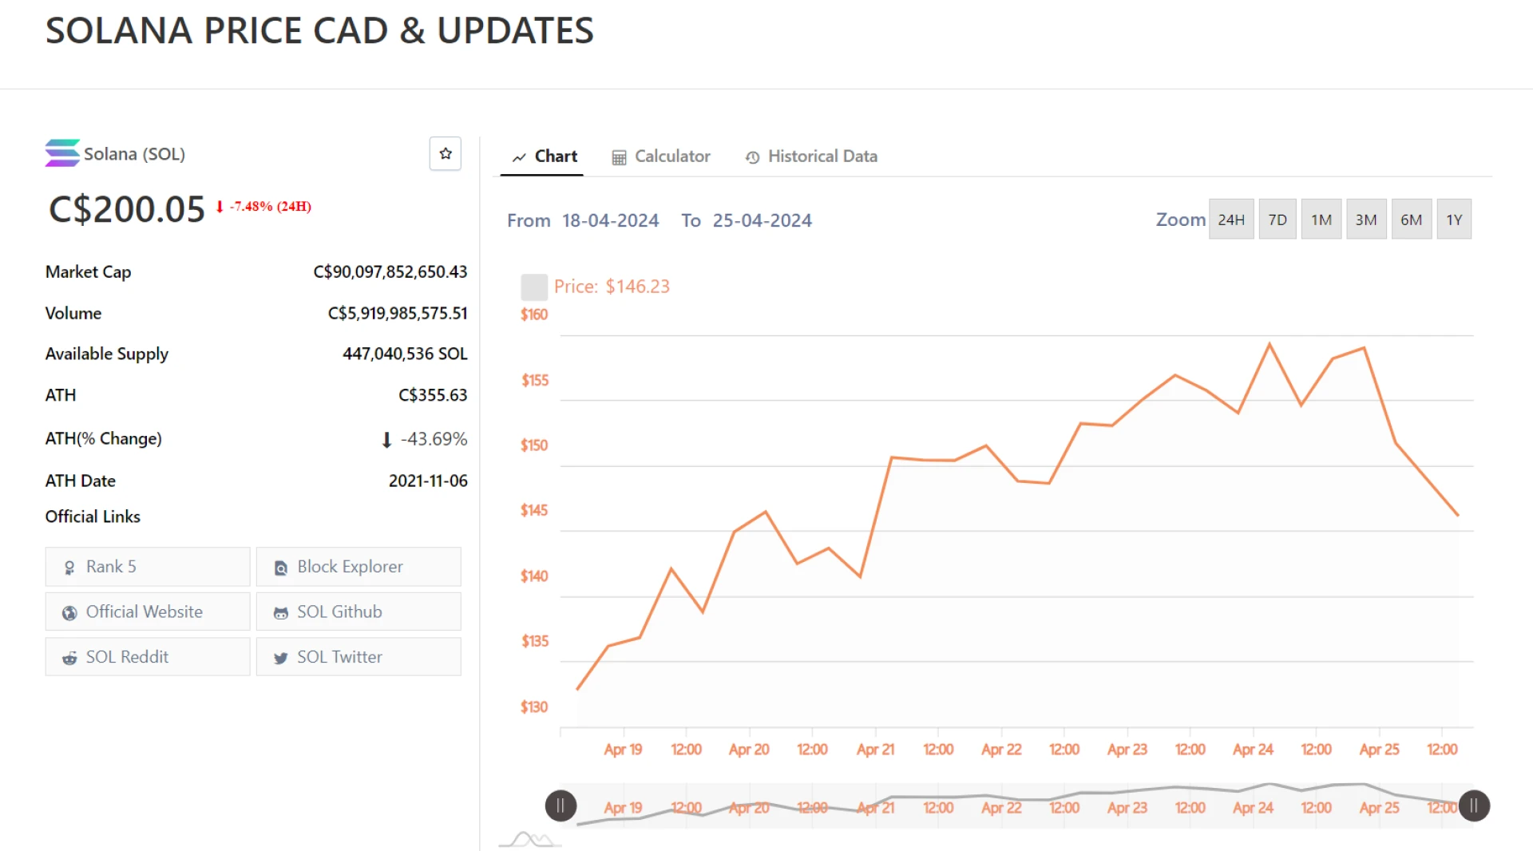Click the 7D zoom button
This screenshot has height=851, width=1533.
point(1277,220)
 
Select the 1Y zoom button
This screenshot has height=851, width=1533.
point(1454,220)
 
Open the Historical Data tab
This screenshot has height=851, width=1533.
point(811,156)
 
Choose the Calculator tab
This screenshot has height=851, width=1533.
point(661,156)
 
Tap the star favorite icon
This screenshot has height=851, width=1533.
point(446,153)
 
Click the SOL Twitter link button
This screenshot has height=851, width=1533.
point(358,657)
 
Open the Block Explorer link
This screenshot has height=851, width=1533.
point(358,567)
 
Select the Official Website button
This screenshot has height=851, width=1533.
point(148,612)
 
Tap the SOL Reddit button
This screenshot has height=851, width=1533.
point(148,657)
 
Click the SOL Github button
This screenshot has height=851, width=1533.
point(358,612)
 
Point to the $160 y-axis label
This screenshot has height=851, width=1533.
point(534,315)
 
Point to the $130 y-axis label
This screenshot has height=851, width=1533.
point(534,707)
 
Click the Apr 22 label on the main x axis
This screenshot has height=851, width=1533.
point(1001,750)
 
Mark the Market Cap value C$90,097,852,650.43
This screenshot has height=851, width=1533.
point(390,272)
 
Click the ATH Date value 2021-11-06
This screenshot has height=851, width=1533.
point(428,481)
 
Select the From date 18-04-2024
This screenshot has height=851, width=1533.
point(610,220)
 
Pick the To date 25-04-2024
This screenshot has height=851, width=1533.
point(762,220)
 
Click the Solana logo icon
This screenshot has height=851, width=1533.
point(62,153)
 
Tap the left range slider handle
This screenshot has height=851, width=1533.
point(561,806)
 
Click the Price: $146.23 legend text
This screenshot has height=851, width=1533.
point(612,287)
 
